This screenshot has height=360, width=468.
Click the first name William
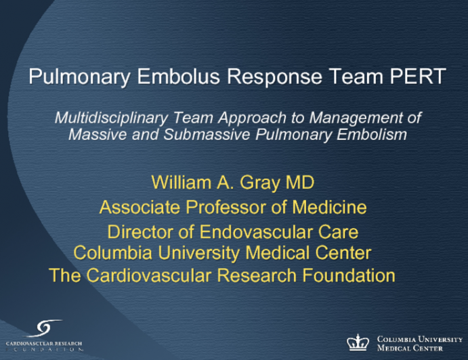pos(180,182)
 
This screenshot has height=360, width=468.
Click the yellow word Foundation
pos(347,275)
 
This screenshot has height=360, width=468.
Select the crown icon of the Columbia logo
pos(358,342)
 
